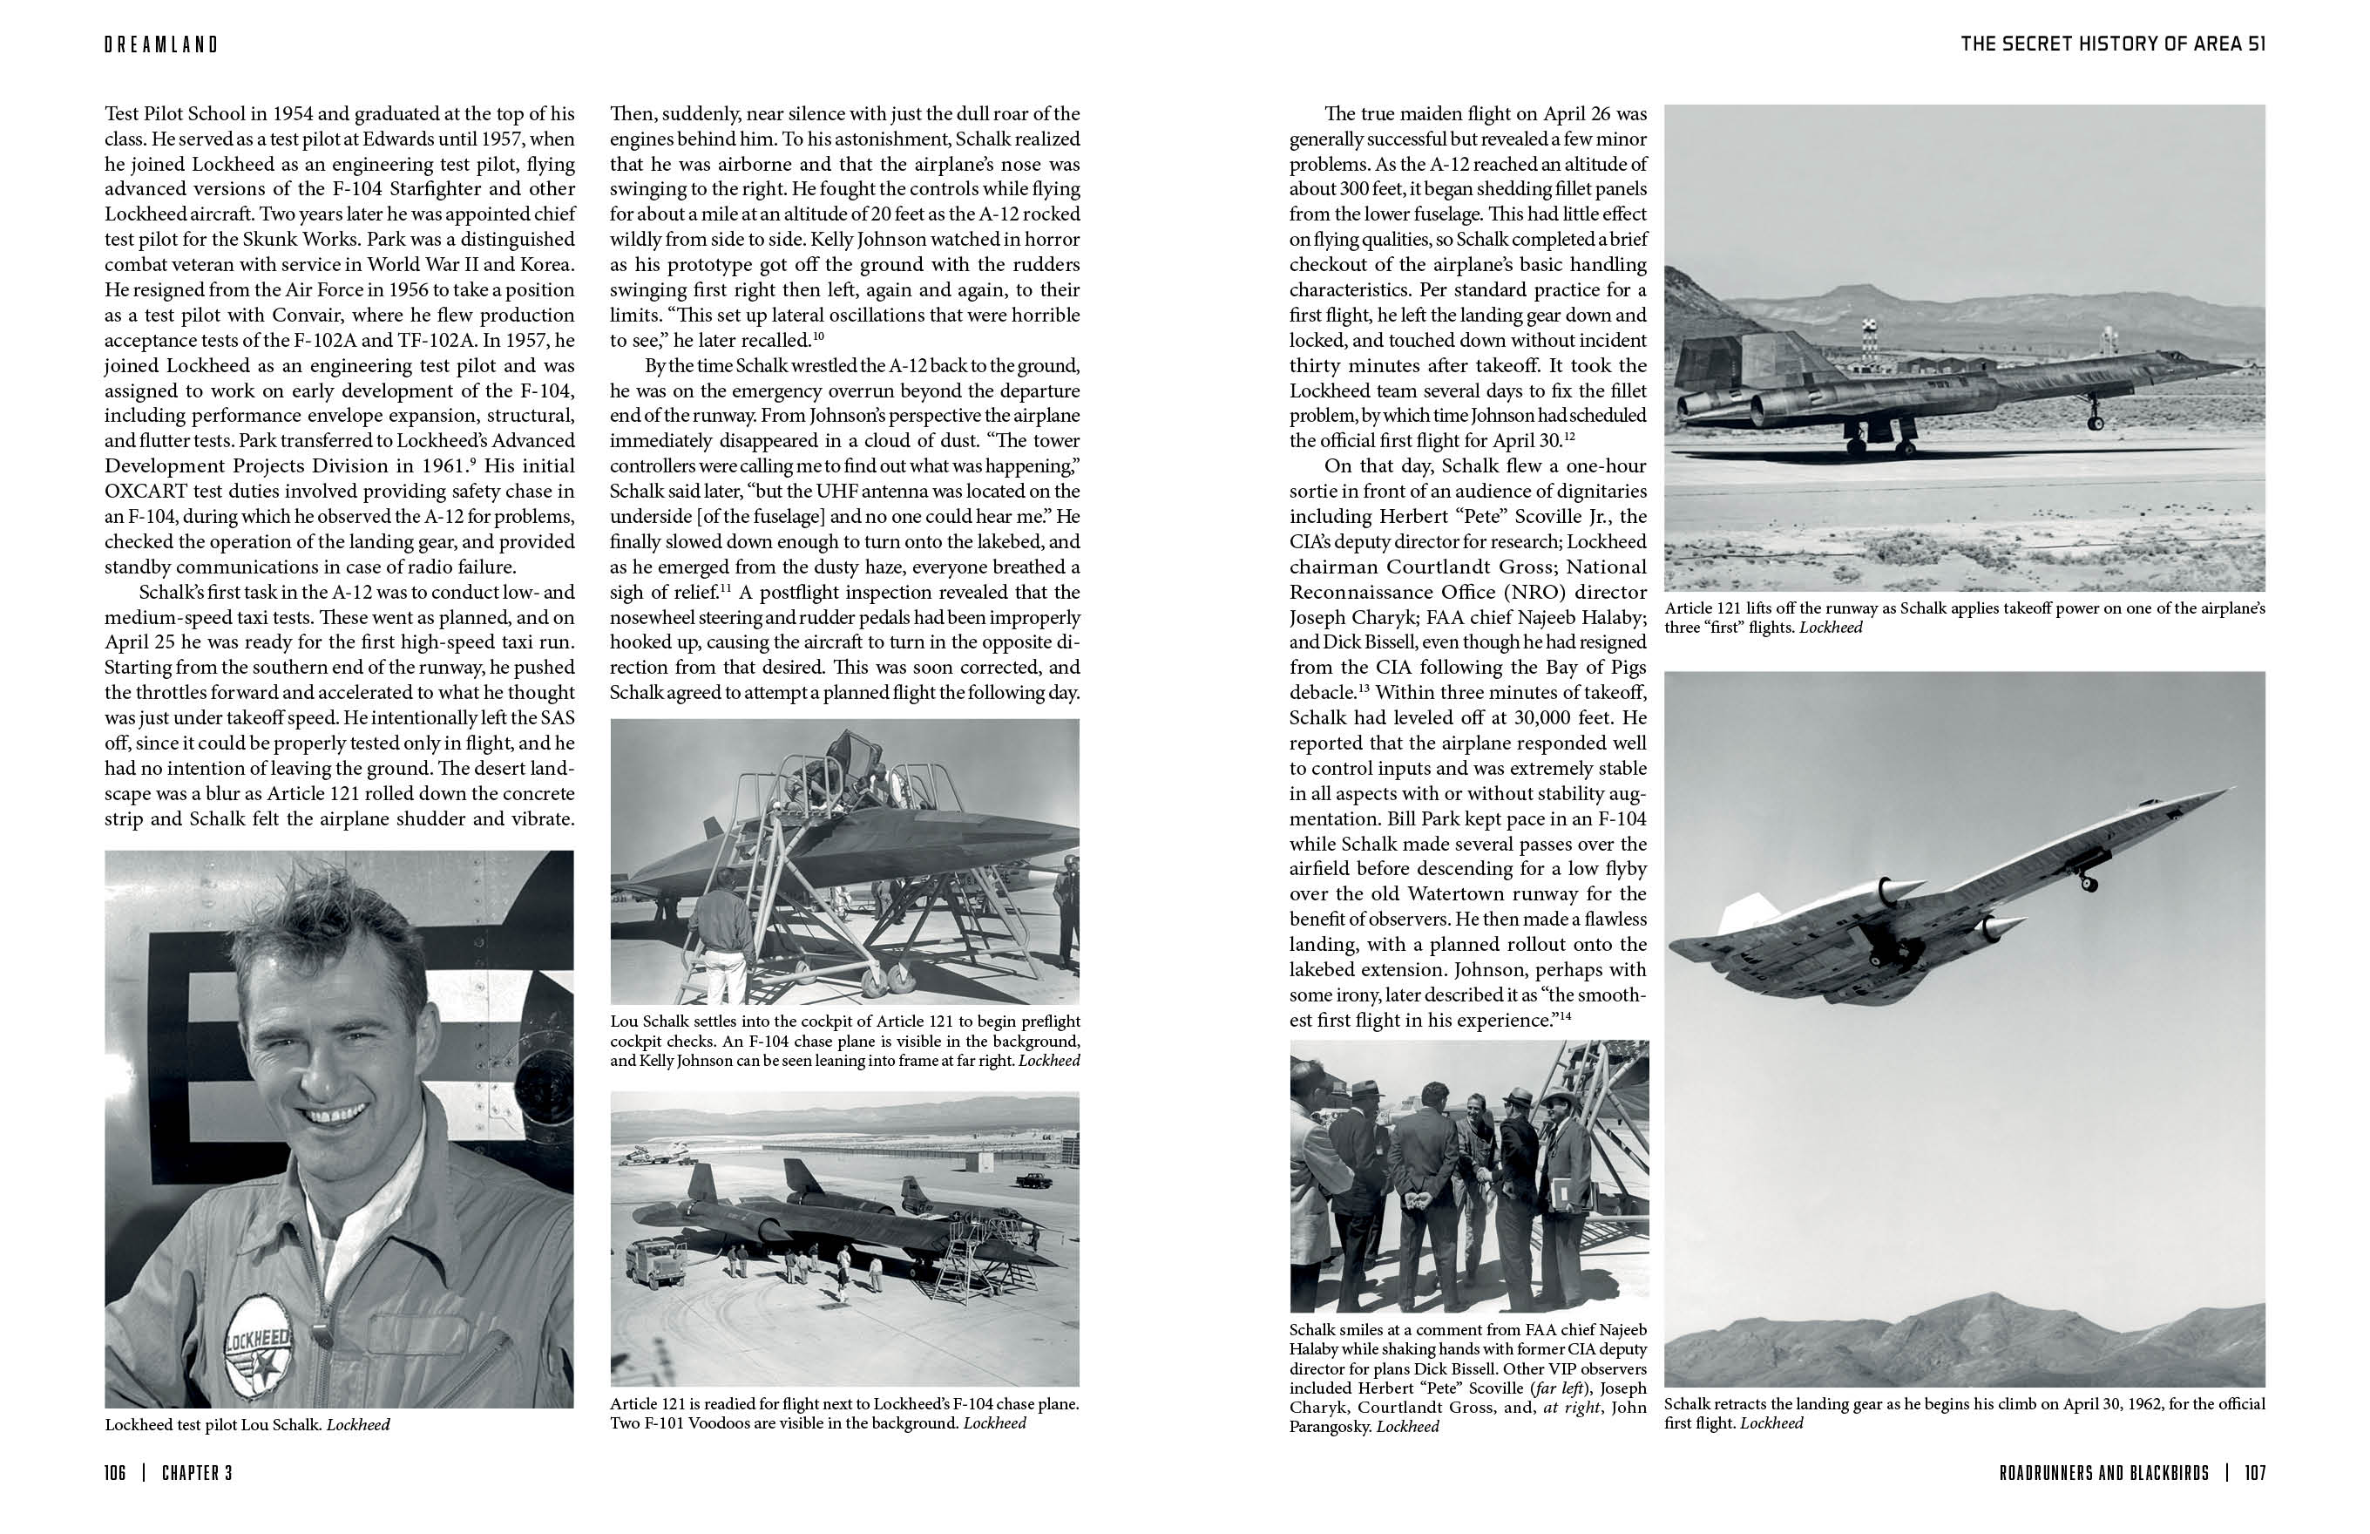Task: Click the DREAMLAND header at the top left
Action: tap(161, 44)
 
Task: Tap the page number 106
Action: tap(116, 1473)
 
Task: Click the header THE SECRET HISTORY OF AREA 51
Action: tap(2112, 44)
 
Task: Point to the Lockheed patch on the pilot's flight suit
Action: tap(258, 1353)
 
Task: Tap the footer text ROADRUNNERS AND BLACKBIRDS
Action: tap(2103, 1473)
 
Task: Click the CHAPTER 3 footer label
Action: tap(197, 1473)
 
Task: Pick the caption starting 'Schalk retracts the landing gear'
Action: tap(1964, 1414)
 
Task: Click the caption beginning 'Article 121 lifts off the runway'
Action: tap(1964, 618)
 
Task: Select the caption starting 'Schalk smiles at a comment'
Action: tap(1468, 1378)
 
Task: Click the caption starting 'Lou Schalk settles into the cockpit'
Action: tap(844, 1041)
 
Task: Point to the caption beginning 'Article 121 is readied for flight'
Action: tap(844, 1414)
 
